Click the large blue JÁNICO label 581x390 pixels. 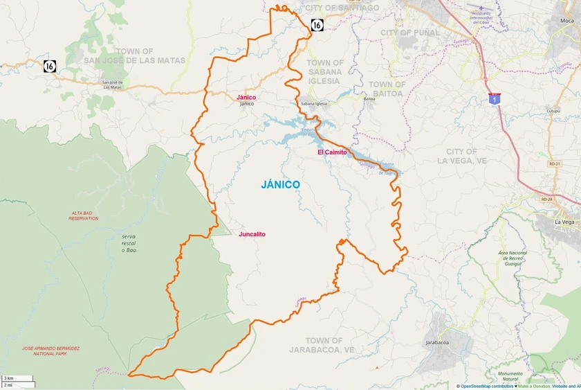tap(280, 185)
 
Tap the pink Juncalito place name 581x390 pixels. tap(252, 234)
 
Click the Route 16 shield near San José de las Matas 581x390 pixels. tap(49, 66)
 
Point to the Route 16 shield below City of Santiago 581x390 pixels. tap(317, 25)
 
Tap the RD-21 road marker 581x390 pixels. tap(554, 164)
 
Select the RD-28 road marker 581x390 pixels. tap(547, 200)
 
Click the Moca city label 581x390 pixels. tap(567, 21)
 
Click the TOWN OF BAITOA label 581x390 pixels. tap(388, 89)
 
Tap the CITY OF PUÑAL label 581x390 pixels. tap(410, 33)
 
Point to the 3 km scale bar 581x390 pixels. tap(17, 378)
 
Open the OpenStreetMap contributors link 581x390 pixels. tap(488, 386)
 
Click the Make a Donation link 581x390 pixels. tap(533, 386)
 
